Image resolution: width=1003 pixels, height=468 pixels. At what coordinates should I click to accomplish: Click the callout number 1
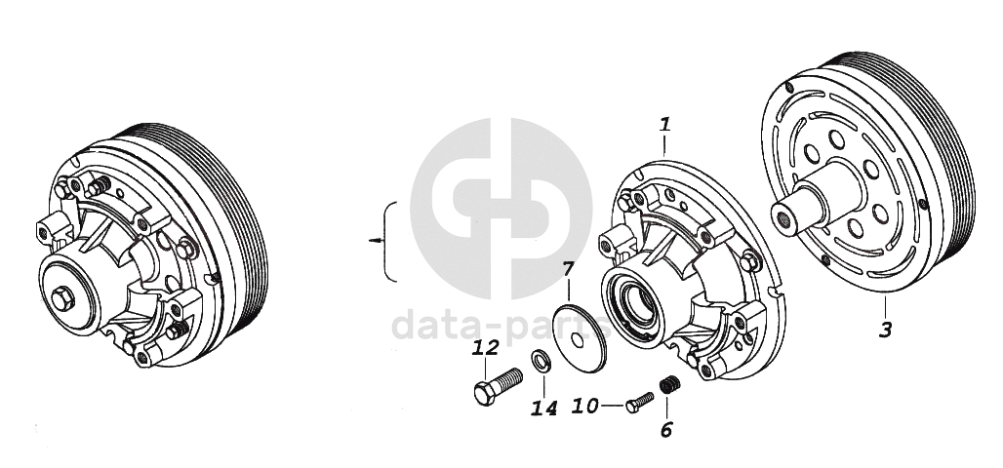[x=665, y=124]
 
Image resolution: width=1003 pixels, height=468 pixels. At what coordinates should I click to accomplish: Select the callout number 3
[x=885, y=330]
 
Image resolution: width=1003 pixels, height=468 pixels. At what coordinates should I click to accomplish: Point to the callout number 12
[x=486, y=348]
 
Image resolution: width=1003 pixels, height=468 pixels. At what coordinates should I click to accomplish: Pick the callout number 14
[x=543, y=408]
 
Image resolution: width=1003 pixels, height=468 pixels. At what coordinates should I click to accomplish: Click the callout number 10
[x=584, y=406]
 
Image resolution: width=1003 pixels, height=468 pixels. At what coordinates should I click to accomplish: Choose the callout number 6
[x=666, y=430]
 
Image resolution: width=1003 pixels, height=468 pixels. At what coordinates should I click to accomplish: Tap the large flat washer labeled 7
[x=579, y=337]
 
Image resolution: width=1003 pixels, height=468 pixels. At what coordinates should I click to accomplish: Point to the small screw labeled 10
[x=640, y=402]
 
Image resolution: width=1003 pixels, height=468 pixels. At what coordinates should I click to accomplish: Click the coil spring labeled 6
[x=669, y=384]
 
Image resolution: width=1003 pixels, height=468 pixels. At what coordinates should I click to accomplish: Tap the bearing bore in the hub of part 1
[x=636, y=299]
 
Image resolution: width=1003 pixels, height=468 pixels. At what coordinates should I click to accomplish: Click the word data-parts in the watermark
[x=501, y=325]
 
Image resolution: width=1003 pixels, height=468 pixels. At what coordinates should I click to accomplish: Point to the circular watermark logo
[x=501, y=209]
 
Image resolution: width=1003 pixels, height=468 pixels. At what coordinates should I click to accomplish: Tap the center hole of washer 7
[x=578, y=339]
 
